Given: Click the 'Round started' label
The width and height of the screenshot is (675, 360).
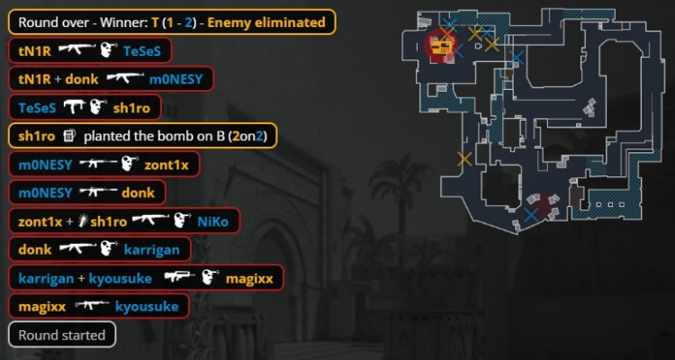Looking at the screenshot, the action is [62, 335].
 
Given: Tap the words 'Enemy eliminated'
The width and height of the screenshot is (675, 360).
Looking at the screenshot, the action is [266, 22].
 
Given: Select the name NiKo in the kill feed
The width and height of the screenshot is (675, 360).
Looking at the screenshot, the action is [212, 221].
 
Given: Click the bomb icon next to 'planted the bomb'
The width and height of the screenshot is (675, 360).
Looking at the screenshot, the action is [69, 136].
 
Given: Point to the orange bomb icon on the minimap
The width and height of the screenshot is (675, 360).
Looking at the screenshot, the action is [440, 47].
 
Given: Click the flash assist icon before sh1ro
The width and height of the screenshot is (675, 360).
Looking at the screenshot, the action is [82, 221].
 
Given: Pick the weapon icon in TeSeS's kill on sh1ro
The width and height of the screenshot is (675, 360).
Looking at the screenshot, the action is [74, 107].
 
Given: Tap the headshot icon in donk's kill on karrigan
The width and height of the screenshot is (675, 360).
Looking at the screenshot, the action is [109, 249].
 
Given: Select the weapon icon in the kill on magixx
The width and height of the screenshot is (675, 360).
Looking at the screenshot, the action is [180, 278].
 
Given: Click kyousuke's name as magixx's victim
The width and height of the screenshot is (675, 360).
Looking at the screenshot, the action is [147, 307].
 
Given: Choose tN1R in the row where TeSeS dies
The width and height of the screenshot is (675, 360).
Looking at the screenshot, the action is [34, 51].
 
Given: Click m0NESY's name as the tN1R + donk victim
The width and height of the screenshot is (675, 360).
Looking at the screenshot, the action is [175, 79].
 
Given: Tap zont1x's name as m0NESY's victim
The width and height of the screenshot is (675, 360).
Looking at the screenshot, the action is [166, 165].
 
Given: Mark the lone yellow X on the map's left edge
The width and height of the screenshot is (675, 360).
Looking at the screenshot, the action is [464, 159].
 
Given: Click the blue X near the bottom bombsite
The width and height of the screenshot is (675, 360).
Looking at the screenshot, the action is [531, 215].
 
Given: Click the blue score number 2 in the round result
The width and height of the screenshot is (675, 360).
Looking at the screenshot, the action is [188, 22].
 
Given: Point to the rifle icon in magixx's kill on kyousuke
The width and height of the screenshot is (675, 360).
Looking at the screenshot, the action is [92, 306].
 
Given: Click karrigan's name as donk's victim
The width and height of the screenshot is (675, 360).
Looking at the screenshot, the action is [152, 250].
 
